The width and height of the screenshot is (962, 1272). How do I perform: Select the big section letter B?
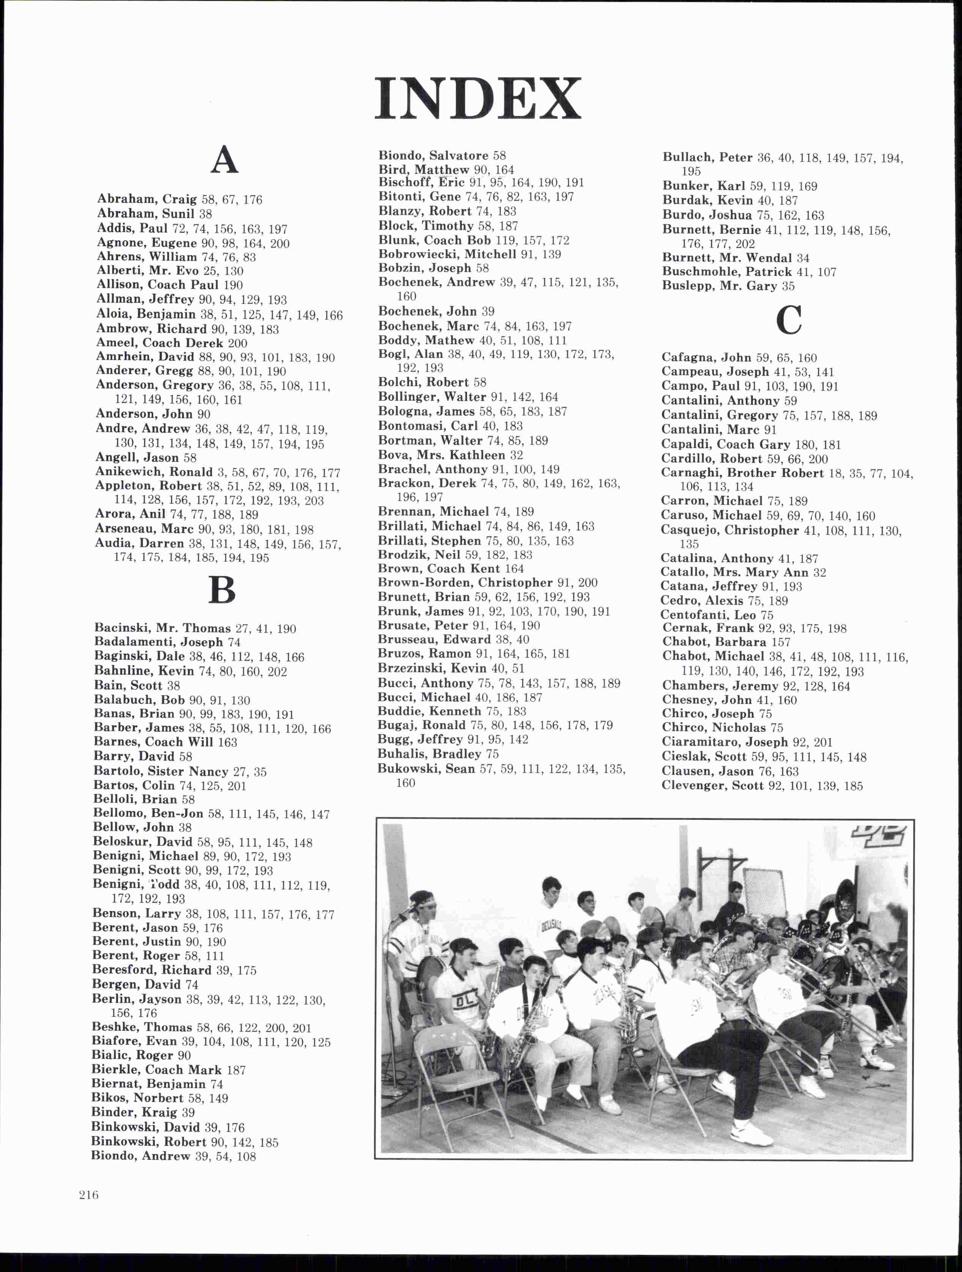222,590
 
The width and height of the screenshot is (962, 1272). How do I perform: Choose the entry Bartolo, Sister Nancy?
161,772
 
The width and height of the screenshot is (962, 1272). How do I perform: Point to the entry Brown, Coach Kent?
439,569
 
